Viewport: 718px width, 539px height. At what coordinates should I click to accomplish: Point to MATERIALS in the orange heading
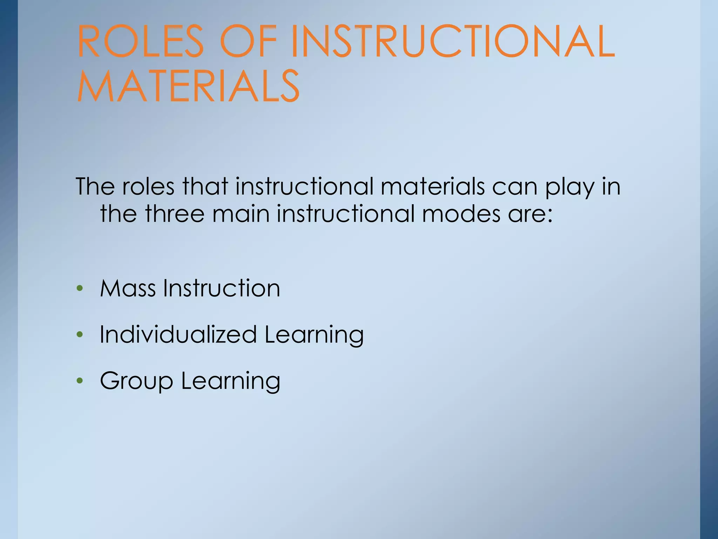pyautogui.click(x=188, y=86)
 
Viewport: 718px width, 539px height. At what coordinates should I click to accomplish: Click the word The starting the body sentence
pyautogui.click(x=95, y=186)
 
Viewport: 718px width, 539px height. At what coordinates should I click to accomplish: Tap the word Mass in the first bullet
pyautogui.click(x=128, y=288)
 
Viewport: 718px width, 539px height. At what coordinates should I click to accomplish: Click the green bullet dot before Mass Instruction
pyautogui.click(x=80, y=289)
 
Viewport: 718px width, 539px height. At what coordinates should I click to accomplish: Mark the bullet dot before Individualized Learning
pyautogui.click(x=80, y=335)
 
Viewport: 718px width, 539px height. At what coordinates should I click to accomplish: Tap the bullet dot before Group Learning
pyautogui.click(x=80, y=381)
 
